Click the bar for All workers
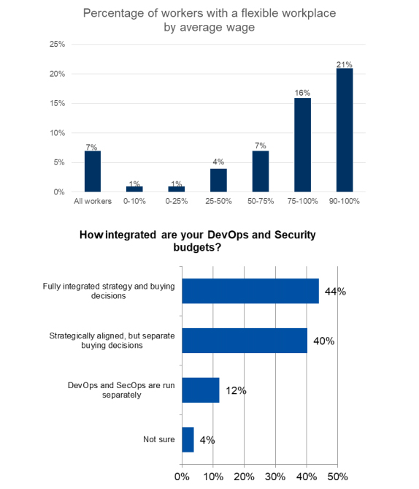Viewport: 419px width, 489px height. coord(93,171)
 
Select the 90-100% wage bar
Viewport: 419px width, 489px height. coord(345,130)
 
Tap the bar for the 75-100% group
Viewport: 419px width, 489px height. coord(302,145)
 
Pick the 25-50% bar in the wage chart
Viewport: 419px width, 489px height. coord(218,181)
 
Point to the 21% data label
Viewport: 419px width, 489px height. coord(345,64)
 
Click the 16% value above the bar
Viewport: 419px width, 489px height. coord(302,93)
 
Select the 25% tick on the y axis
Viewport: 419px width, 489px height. coord(57,44)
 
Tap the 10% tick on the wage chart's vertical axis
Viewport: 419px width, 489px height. coord(57,133)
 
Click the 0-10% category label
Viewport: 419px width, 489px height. coord(134,201)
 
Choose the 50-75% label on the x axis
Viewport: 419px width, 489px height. coord(261,201)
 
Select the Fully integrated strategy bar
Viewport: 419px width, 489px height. coord(250,291)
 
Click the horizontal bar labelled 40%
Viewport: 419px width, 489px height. coord(245,341)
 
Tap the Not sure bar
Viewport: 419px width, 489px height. coord(188,439)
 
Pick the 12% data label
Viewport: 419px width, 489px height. coord(236,390)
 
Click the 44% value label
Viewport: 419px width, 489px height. coord(335,291)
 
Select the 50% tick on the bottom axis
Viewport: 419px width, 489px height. coord(337,477)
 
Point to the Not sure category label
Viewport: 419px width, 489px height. coord(159,439)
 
